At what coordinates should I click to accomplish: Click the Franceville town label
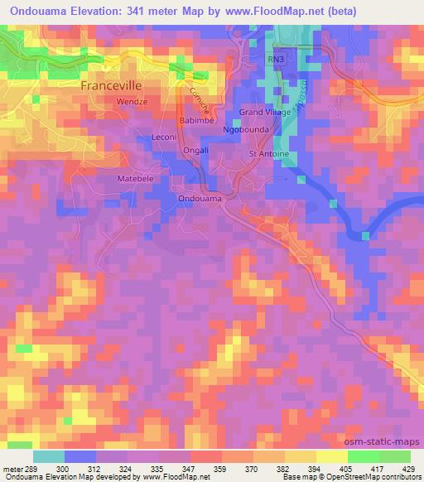118,85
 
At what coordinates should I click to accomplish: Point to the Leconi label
166,137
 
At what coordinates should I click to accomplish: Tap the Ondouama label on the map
200,199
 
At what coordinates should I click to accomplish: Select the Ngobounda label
246,131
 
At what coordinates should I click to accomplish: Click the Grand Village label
263,111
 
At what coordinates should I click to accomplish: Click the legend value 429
408,468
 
